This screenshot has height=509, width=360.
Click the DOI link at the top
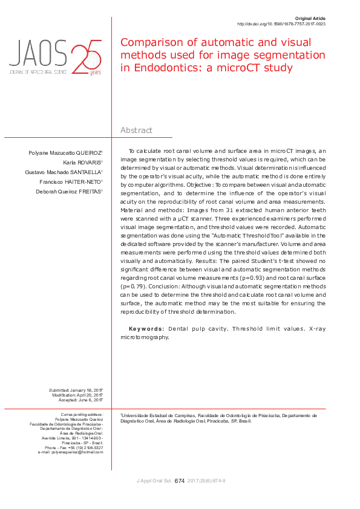pyautogui.click(x=281, y=24)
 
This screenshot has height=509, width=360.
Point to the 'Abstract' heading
pyautogui.click(x=137, y=131)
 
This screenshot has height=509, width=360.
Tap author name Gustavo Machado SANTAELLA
pyautogui.click(x=64, y=172)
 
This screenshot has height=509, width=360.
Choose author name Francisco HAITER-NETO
pyautogui.click(x=72, y=181)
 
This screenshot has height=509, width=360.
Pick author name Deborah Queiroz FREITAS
pyautogui.click(x=70, y=191)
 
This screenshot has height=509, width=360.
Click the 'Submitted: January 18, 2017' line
pyautogui.click(x=76, y=390)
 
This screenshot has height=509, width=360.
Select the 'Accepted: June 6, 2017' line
pyautogui.click(x=81, y=400)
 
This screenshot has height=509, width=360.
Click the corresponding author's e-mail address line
pyautogui.click(x=71, y=452)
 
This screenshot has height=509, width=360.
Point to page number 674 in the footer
pyautogui.click(x=179, y=481)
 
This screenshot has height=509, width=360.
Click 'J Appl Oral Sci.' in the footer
pyautogui.click(x=154, y=481)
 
